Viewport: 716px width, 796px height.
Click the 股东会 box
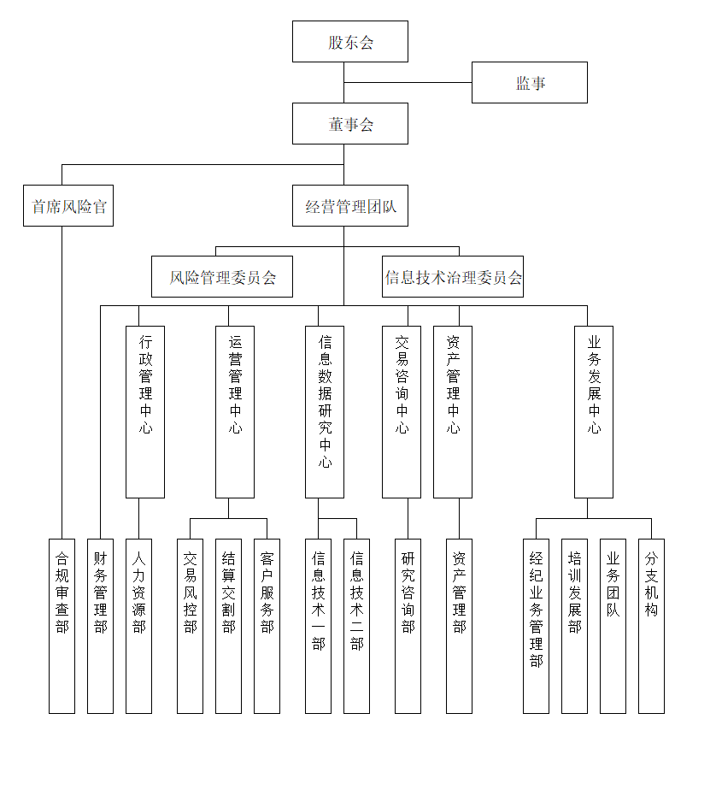tap(350, 42)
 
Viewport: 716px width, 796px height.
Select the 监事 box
tap(530, 83)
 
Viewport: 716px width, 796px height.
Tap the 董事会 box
tap(350, 124)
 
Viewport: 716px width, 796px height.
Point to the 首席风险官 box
tap(69, 206)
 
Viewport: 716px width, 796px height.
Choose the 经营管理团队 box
tap(350, 206)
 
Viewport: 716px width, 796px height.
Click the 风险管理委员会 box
tap(222, 277)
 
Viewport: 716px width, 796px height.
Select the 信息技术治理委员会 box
tap(453, 277)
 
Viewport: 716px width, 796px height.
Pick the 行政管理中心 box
tap(145, 411)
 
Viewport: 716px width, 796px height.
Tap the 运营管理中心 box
tap(235, 411)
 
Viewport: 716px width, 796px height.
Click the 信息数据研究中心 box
tap(325, 411)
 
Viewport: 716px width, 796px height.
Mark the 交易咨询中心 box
tap(402, 411)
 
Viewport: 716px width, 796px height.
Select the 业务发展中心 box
tap(594, 411)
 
